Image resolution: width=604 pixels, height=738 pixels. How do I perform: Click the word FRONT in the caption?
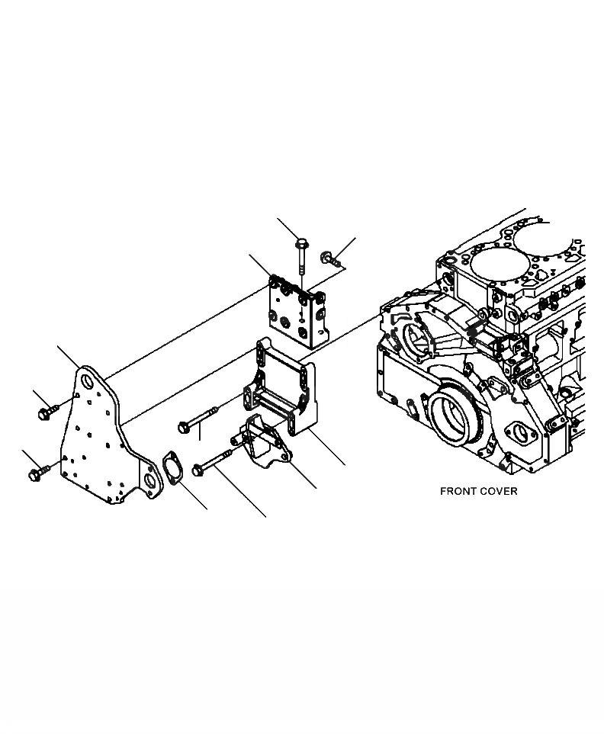click(456, 491)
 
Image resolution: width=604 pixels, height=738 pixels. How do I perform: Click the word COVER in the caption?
click(498, 491)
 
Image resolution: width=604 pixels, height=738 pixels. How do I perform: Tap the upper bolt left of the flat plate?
click(43, 412)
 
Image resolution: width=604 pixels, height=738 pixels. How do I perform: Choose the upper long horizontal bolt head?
click(183, 427)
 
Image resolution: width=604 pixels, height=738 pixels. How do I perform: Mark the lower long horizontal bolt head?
click(198, 470)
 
